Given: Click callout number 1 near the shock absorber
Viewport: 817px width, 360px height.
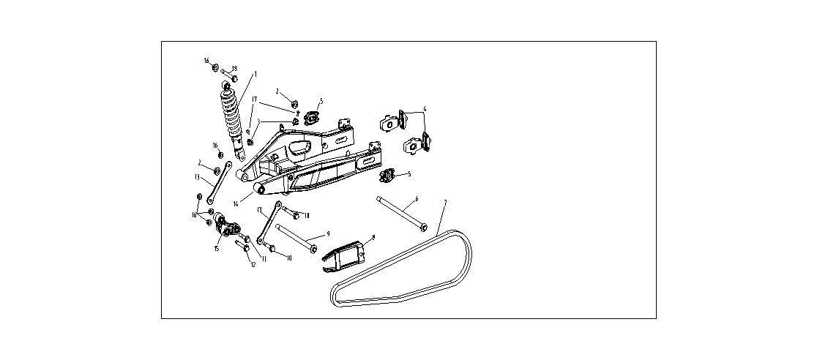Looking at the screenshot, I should point(255,74).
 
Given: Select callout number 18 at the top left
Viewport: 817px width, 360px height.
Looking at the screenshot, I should point(235,69).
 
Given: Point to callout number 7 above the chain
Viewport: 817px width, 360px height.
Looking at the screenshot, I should point(445,201).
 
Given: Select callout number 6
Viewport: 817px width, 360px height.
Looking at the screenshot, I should point(417,198).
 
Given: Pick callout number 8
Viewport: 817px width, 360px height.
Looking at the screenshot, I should point(373,237).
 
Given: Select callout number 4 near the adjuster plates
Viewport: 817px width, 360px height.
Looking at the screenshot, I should point(425,110).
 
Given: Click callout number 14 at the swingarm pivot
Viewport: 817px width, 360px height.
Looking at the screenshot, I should point(236,203).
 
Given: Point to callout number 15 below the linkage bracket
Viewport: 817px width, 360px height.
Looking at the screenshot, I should point(217,249).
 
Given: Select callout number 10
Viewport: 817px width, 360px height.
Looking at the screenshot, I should point(288,258).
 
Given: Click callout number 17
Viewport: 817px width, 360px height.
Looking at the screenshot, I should point(255,99).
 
